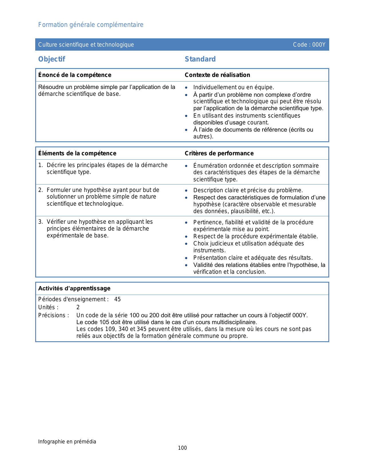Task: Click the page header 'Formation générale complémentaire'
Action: [91, 25]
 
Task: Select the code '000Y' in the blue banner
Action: [319, 45]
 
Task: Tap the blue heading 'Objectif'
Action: [52, 59]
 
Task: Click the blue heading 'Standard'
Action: [200, 59]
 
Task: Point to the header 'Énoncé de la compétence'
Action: [75, 75]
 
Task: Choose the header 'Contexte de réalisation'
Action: [217, 75]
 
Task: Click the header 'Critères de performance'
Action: [219, 153]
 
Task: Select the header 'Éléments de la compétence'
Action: [77, 153]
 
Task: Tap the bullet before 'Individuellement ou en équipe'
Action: [186, 88]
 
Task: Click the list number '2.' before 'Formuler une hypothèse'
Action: [41, 190]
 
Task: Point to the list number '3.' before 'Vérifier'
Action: [41, 222]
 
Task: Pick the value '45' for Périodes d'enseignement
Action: [117, 300]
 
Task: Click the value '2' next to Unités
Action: [78, 308]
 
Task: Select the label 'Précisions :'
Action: [54, 316]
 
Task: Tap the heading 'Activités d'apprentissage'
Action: [74, 288]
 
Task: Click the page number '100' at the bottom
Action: [182, 448]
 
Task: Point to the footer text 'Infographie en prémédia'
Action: [67, 442]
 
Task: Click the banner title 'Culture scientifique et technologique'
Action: [86, 45]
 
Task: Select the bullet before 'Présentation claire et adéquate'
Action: [186, 258]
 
